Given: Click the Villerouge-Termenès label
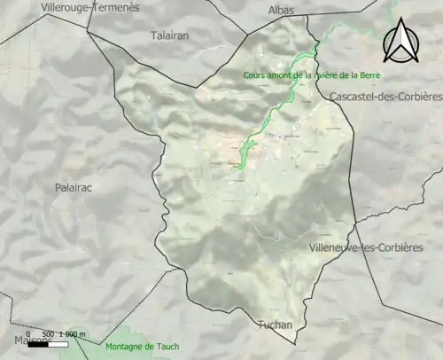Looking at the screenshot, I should pos(90,8).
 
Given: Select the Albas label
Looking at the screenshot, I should pos(281,11).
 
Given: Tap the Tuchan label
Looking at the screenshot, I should pos(275,325).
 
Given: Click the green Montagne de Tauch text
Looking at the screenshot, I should pos(141,347).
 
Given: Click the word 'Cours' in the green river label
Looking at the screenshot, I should pos(256,75).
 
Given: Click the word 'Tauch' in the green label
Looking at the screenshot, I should pos(167,347).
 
